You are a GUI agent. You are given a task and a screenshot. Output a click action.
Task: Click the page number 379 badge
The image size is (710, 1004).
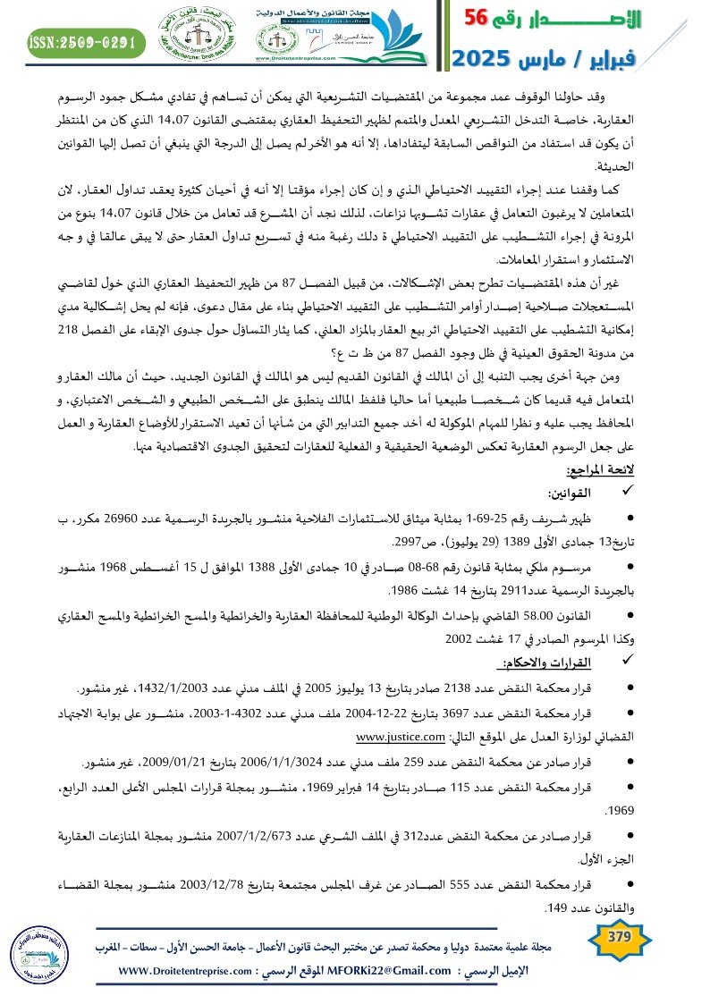click(x=619, y=937)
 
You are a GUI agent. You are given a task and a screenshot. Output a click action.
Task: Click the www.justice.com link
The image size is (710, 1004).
click(x=400, y=738)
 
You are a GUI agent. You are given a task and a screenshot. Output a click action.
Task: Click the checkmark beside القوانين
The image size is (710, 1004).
click(x=613, y=493)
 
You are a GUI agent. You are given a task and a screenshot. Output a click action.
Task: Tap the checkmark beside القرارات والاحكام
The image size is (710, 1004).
click(x=613, y=662)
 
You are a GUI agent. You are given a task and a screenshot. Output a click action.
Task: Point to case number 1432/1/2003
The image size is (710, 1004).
click(x=166, y=688)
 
